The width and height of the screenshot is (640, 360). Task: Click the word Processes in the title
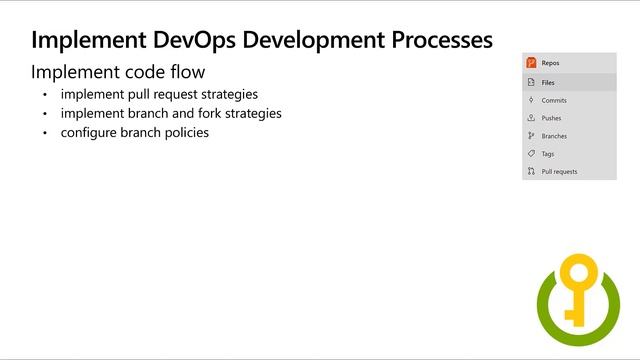click(434, 40)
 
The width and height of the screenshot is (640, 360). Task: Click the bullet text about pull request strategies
click(158, 95)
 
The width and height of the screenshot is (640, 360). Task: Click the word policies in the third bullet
click(185, 132)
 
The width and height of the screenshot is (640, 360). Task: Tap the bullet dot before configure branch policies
click(45, 133)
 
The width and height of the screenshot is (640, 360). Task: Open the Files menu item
click(548, 83)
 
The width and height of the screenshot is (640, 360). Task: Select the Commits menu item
click(554, 100)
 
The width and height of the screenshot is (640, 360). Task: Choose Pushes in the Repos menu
click(551, 118)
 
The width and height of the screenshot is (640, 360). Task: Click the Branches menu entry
click(554, 136)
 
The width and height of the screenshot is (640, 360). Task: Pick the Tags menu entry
click(548, 154)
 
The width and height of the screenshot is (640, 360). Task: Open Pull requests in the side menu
click(559, 172)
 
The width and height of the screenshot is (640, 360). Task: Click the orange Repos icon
click(531, 63)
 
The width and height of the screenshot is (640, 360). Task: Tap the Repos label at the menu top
click(551, 63)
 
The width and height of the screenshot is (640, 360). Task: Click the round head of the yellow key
click(577, 273)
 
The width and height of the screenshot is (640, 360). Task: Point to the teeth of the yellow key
click(571, 314)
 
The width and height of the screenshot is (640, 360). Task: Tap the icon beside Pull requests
click(531, 172)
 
